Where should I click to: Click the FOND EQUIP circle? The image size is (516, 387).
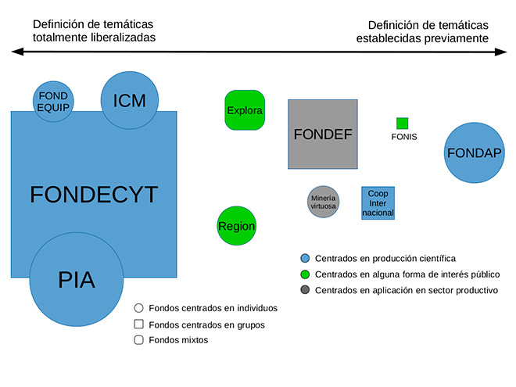(53, 102)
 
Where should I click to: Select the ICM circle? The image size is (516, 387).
(130, 100)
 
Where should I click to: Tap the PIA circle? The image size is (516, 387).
(77, 280)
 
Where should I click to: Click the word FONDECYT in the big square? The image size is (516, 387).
(94, 194)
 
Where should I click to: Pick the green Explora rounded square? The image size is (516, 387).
(245, 110)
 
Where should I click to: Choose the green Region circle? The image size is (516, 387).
(237, 226)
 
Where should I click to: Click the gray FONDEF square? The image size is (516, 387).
(323, 134)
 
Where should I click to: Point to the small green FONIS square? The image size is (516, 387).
(402, 124)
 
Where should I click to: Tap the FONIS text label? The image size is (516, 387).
(404, 137)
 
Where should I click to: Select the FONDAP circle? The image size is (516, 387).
(475, 152)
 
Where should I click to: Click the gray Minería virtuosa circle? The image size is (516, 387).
(323, 202)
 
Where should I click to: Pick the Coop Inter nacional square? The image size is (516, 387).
(378, 203)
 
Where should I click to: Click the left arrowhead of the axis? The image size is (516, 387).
(17, 52)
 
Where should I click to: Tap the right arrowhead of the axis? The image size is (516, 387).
(501, 52)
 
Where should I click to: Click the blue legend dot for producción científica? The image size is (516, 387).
(305, 258)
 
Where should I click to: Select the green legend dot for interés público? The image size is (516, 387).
(305, 274)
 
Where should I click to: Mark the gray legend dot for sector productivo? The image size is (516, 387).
(305, 290)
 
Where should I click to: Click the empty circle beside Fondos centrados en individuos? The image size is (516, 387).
(139, 308)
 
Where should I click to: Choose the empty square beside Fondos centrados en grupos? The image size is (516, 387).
(139, 324)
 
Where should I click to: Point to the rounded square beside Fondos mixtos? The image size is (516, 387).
(139, 340)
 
